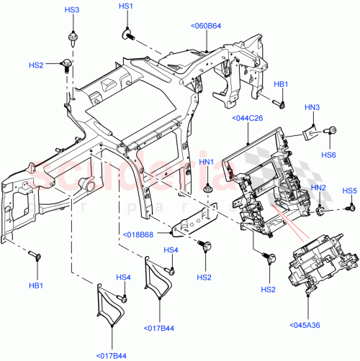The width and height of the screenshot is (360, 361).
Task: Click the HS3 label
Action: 72,11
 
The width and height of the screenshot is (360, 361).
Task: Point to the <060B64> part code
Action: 207,27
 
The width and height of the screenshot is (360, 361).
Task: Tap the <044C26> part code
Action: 248,119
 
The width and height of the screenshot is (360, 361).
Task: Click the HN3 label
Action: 312,108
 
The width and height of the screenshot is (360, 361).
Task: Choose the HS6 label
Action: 328,154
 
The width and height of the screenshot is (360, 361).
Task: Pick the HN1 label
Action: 207,163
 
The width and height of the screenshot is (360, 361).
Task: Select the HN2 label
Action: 318,188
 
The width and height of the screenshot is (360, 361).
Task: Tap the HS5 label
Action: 349,191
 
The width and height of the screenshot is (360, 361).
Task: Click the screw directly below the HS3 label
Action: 72,35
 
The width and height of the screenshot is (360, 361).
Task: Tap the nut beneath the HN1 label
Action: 207,188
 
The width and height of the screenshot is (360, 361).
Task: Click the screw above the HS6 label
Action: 333,132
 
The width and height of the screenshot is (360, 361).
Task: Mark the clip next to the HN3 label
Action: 310,130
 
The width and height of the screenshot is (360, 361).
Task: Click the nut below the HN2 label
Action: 318,211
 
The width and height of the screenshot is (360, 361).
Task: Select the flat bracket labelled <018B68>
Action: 196,220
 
